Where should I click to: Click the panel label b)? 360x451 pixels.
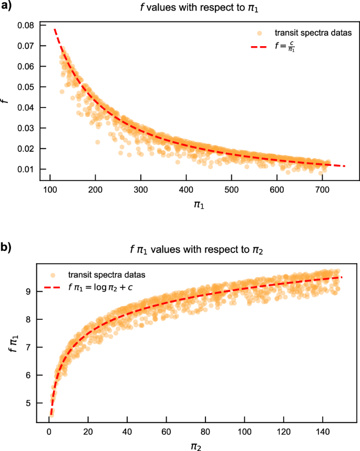(7, 247)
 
